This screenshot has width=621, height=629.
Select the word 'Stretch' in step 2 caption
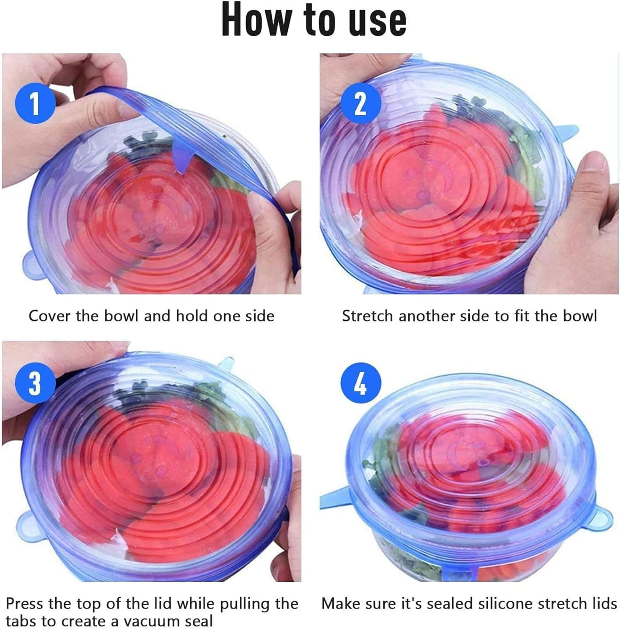tap(367, 316)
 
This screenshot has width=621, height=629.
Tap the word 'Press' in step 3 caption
tap(25, 603)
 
